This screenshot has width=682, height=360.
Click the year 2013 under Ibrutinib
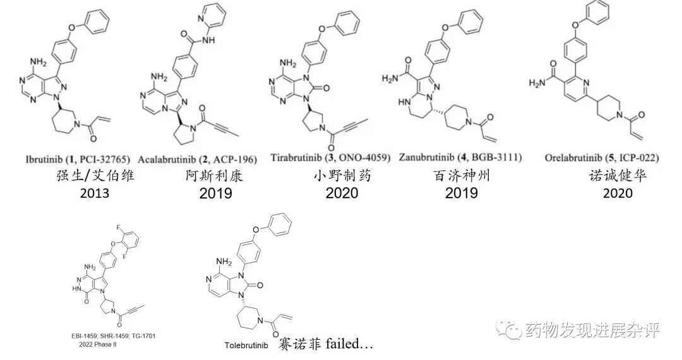pyautogui.click(x=95, y=193)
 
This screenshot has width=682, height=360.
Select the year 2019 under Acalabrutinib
pyautogui.click(x=215, y=193)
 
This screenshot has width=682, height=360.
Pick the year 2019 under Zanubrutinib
pyautogui.click(x=461, y=193)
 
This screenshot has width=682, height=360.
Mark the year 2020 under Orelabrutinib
pyautogui.click(x=618, y=193)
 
